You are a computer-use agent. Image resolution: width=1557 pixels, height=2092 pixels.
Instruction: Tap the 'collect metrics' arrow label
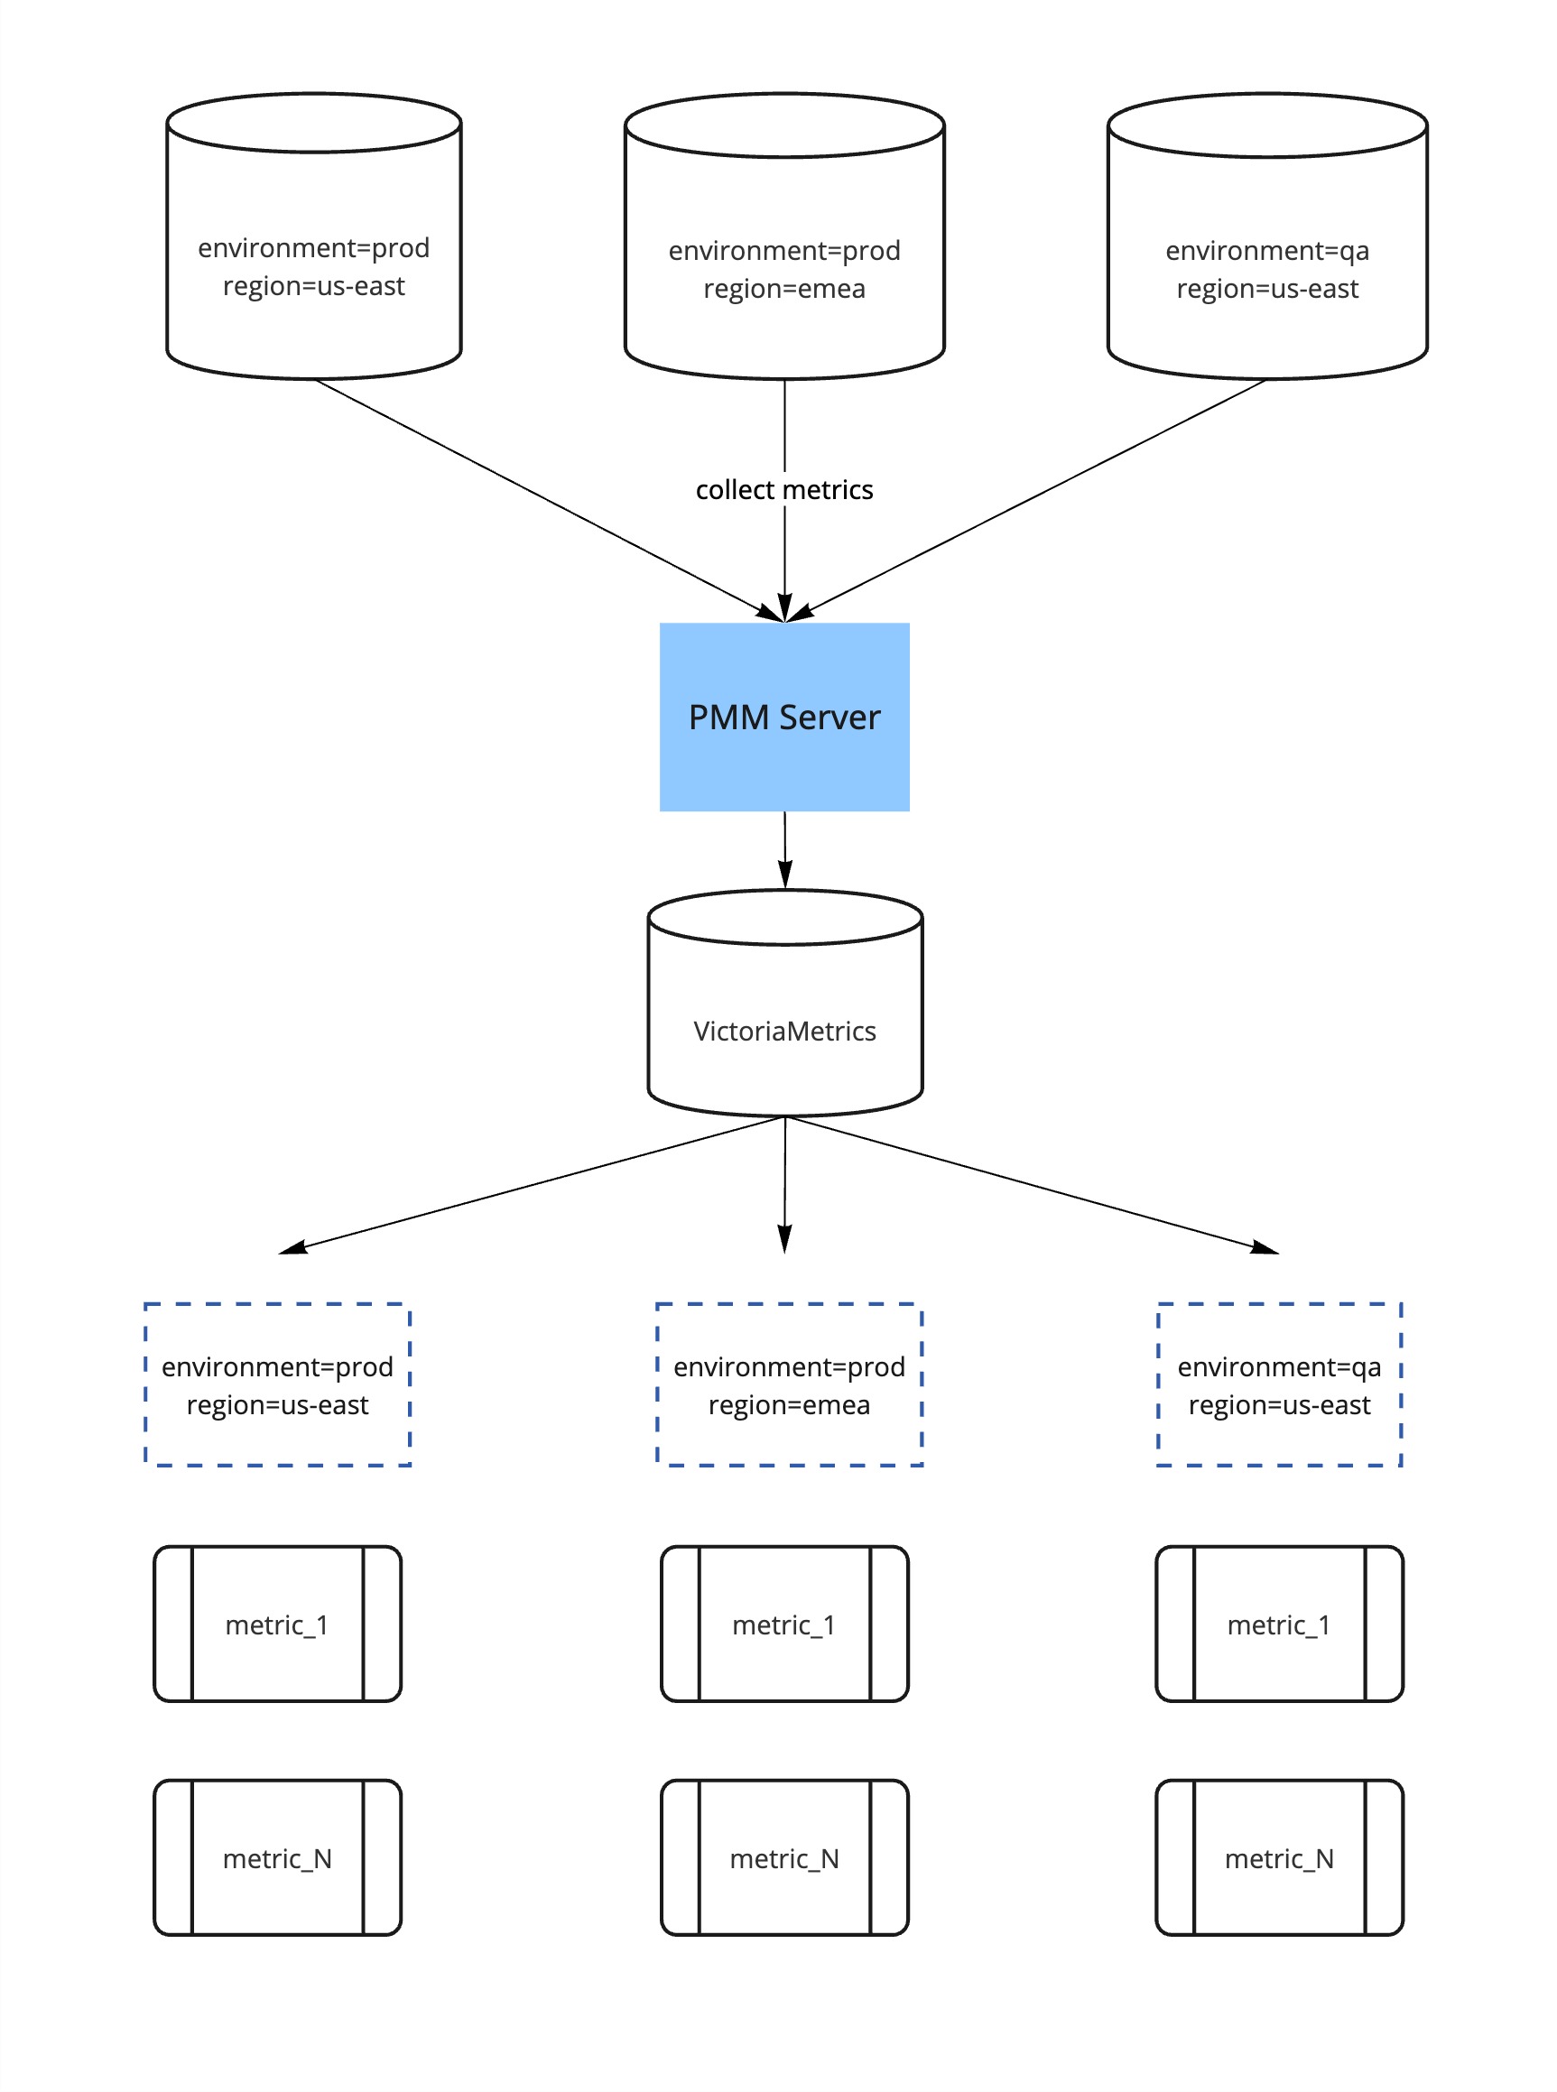784,490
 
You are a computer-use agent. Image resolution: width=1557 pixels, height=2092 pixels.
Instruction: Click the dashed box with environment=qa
1279,1384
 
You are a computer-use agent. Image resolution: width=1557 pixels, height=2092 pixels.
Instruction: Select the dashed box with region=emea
789,1384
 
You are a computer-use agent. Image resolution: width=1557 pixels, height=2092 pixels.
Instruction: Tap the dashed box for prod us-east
277,1384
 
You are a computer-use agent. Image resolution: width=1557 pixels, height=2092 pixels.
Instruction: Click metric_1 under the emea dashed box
784,1624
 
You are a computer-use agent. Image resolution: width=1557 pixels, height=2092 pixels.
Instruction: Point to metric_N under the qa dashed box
1279,1857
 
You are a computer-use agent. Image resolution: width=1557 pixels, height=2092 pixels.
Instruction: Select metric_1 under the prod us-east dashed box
277,1624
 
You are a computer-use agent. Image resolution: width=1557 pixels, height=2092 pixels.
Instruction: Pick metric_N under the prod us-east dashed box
277,1857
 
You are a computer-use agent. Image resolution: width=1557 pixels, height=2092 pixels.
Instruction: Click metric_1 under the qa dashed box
1279,1624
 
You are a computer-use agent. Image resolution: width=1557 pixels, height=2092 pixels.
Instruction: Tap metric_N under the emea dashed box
784,1857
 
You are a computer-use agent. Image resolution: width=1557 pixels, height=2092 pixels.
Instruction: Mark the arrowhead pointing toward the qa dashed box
1265,1248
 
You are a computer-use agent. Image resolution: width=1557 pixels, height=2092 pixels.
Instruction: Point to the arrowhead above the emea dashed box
784,1239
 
